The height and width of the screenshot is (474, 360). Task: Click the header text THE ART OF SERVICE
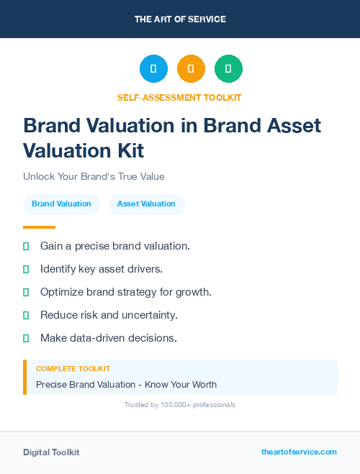180,19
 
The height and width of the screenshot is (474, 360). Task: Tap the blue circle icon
153,69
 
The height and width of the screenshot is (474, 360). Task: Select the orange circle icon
191,69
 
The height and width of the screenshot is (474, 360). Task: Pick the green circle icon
229,69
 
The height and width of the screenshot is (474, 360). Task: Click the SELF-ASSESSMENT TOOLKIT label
180,97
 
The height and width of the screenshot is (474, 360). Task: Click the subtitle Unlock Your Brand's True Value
94,176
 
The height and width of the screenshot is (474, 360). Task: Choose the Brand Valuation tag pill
61,204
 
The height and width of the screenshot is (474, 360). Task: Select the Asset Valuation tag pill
146,204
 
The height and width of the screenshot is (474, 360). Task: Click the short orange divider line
39,227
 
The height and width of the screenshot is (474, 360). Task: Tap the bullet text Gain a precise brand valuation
115,246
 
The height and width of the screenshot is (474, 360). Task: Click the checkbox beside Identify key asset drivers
26,269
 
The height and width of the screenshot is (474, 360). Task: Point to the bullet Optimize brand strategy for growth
125,292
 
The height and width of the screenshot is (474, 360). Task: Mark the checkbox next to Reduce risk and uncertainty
26,315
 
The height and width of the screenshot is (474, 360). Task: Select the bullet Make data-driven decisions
108,338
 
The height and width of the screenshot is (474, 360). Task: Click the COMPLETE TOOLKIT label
73,368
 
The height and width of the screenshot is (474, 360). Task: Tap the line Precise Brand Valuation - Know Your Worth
126,384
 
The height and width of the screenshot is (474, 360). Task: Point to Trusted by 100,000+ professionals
180,405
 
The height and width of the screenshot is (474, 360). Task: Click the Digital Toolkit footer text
51,452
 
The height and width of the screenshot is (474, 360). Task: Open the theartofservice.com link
299,452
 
